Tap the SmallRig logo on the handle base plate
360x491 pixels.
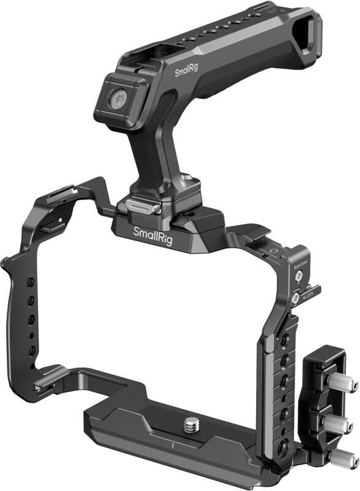(x=153, y=233)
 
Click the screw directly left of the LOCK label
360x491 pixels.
(x=295, y=297)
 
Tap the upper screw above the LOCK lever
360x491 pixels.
(x=299, y=276)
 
